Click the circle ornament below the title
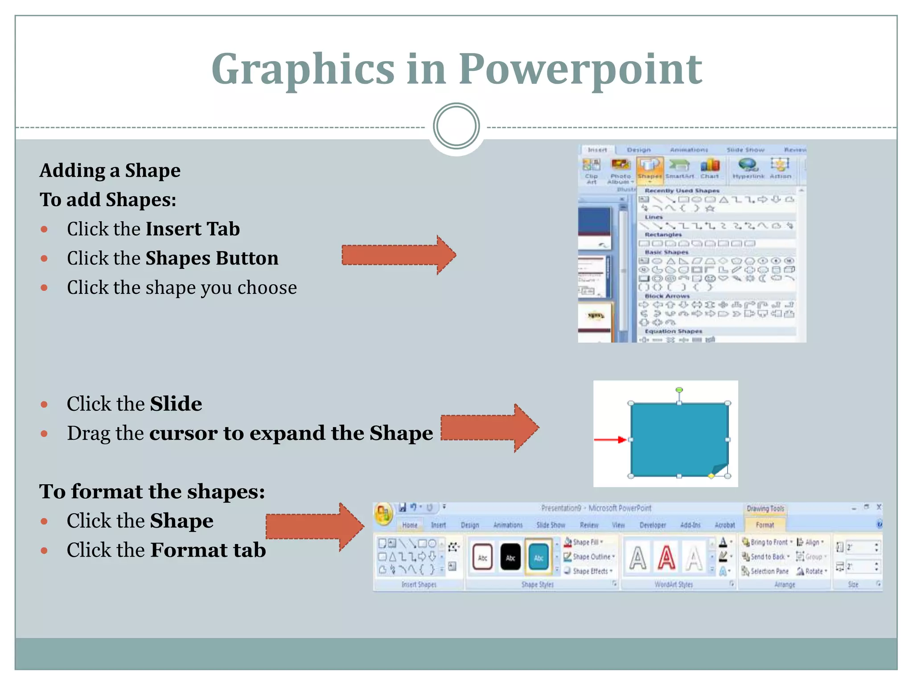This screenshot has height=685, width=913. coord(456,126)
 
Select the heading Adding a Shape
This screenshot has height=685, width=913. coord(110,170)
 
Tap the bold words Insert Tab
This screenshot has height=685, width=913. coord(193,229)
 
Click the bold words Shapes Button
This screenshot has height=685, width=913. coord(212,258)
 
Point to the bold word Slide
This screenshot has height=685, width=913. coord(176,404)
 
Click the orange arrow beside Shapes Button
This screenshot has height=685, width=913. coord(398,255)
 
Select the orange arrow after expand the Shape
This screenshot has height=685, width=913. coord(489,428)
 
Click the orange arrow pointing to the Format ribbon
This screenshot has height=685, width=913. coord(314,527)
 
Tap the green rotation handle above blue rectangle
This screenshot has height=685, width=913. coord(679,390)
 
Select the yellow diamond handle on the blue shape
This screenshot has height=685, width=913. coord(711,476)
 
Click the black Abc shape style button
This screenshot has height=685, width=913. coord(510,557)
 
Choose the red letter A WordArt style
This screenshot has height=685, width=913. coord(666,557)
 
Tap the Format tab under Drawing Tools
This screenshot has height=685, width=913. coord(765,525)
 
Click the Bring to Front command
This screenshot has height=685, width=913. coord(768,542)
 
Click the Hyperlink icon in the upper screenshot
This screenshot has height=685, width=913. coord(748,168)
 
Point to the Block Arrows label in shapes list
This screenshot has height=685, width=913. coord(667,296)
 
